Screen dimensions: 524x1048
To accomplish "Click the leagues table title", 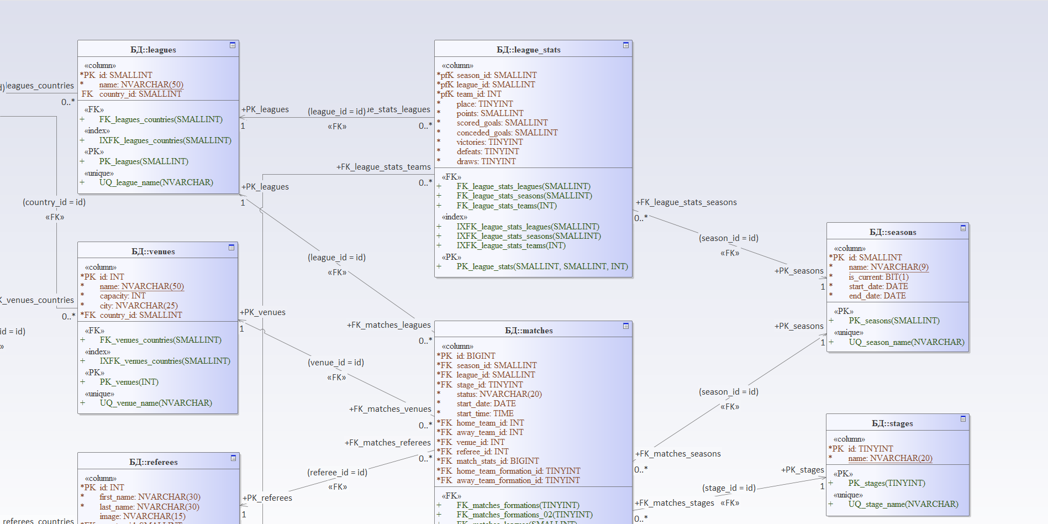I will pyautogui.click(x=153, y=50).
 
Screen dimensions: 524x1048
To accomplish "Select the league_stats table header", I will pyautogui.click(x=528, y=50).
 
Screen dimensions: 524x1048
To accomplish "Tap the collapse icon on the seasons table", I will pyautogui.click(x=963, y=228).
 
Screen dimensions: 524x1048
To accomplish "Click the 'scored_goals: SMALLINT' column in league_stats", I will pyautogui.click(x=502, y=123).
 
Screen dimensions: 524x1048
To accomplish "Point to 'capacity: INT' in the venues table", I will pyautogui.click(x=122, y=296).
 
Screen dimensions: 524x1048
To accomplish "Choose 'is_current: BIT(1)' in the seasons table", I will pyautogui.click(x=878, y=277).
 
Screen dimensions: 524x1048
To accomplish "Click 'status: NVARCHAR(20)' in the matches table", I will pyautogui.click(x=499, y=394).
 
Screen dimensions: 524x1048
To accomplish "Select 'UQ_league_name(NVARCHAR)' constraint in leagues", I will pyautogui.click(x=156, y=182).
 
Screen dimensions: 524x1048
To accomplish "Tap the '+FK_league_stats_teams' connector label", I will pyautogui.click(x=383, y=167).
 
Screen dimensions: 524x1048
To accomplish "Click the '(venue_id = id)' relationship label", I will pyautogui.click(x=335, y=363).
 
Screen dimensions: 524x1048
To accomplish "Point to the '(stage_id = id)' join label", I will pyautogui.click(x=729, y=488).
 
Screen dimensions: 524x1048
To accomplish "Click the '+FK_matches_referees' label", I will pyautogui.click(x=387, y=443).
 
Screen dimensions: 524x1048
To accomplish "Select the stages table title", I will pyautogui.click(x=892, y=423).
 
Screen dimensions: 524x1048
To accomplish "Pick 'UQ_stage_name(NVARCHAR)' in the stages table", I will pyautogui.click(x=903, y=504).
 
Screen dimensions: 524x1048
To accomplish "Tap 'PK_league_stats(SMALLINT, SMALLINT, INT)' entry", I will pyautogui.click(x=542, y=266).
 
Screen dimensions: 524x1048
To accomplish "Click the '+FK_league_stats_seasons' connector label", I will pyautogui.click(x=686, y=202).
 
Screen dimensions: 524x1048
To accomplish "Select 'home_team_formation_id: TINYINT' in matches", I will pyautogui.click(x=518, y=471).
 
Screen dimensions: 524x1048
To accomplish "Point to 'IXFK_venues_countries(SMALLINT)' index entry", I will pyautogui.click(x=165, y=361).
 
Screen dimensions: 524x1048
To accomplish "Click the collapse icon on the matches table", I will pyautogui.click(x=625, y=326).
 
